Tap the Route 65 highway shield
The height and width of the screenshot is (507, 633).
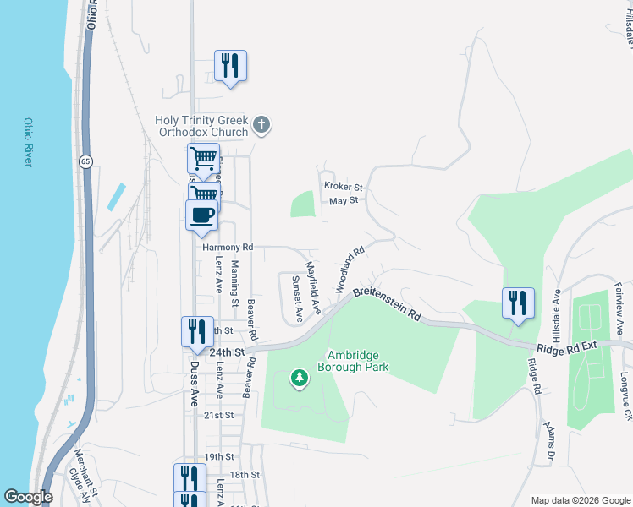86,161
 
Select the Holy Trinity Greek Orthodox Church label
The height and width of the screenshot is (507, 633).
201,126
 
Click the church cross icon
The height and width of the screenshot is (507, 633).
262,126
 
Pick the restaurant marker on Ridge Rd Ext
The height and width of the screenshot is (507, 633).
518,303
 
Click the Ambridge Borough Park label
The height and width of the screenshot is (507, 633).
353,361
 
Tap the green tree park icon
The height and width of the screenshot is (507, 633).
298,378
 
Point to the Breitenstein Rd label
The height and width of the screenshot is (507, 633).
387,303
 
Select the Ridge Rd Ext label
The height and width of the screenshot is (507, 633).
566,346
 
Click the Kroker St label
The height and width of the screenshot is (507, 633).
343,186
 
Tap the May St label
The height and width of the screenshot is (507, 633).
344,201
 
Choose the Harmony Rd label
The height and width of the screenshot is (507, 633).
228,248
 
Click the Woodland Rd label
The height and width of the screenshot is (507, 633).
350,269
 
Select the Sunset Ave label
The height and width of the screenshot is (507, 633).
297,299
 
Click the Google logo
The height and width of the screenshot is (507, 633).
28,497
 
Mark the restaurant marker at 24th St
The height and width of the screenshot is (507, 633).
196,331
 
